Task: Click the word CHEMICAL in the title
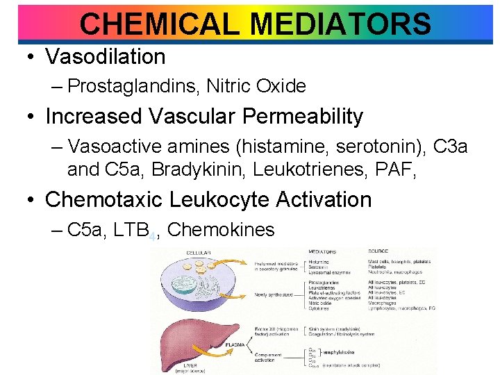[161, 24]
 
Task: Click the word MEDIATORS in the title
[340, 24]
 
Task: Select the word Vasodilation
[106, 56]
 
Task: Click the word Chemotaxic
[105, 199]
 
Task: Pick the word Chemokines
[221, 229]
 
